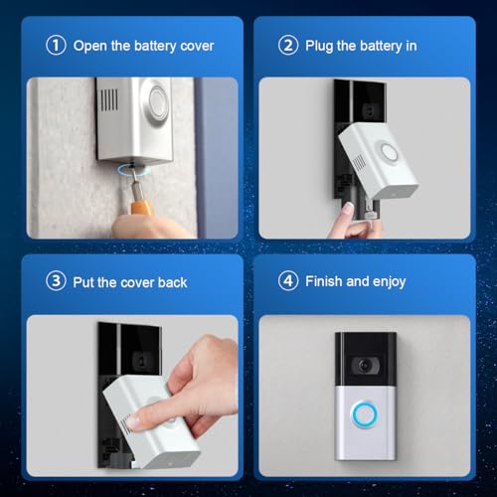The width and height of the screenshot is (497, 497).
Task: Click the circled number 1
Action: (56, 45)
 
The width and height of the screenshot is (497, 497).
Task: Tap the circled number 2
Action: (288, 45)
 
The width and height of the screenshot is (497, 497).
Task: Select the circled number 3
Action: (56, 281)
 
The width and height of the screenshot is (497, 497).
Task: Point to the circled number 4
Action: (288, 281)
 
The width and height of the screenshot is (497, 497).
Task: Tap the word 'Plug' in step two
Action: (319, 46)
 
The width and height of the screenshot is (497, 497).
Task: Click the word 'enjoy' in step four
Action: (389, 282)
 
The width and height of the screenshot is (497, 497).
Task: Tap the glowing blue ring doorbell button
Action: (364, 414)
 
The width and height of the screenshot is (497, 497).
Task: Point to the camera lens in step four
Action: (365, 366)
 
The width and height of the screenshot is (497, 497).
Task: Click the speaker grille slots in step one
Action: (109, 99)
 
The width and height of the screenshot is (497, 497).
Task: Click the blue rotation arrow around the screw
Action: (134, 171)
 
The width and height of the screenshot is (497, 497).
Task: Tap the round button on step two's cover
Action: (388, 153)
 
